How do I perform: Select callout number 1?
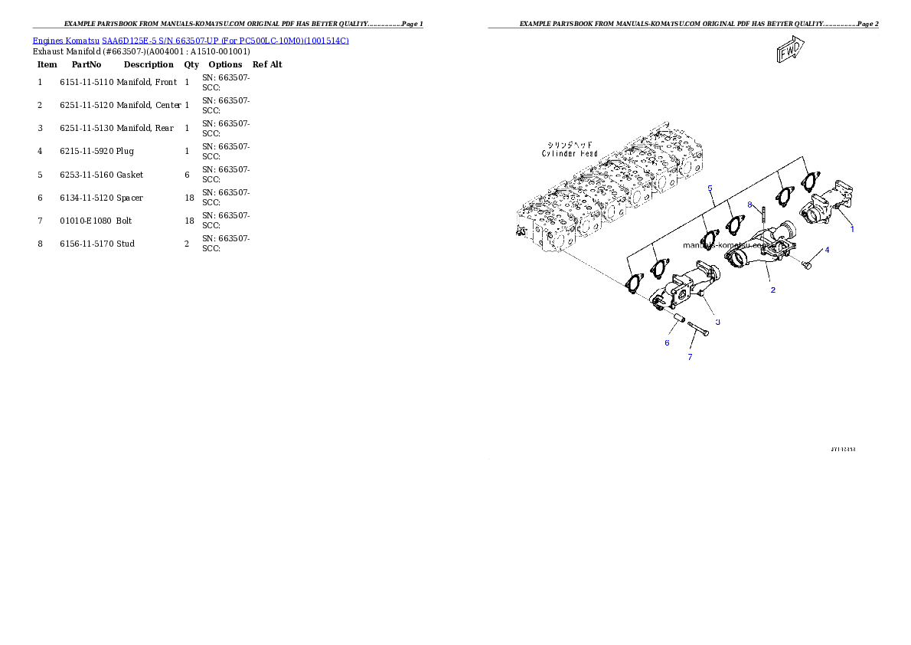852,228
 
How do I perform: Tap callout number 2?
772,290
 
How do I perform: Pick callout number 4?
826,250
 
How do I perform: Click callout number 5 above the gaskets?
710,188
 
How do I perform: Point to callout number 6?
667,342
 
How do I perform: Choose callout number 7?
690,357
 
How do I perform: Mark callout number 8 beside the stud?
750,204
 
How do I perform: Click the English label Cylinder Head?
570,153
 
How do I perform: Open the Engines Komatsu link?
66,40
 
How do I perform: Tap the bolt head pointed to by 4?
806,264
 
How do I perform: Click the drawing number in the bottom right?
843,449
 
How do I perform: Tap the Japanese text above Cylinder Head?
570,144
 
